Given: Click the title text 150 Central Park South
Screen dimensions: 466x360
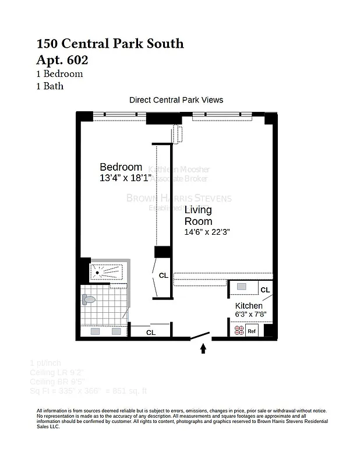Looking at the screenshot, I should point(110,43).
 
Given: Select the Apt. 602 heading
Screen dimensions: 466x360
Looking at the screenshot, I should point(66,59).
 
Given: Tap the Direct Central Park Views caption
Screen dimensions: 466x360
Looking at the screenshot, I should point(176,100).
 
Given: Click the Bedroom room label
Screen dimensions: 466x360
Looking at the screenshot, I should point(121,167).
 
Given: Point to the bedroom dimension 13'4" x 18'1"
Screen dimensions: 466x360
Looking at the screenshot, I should point(125,178).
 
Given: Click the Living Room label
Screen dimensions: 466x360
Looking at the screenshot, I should point(198,216).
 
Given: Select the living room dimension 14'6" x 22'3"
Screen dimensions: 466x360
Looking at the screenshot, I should point(207,232).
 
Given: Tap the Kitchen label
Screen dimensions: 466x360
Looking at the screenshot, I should point(249,306).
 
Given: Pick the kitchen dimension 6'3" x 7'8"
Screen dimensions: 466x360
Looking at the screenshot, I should point(250,315).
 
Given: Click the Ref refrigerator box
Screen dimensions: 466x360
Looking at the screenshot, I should point(252,331).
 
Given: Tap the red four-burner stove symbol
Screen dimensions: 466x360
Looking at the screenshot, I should point(238,331).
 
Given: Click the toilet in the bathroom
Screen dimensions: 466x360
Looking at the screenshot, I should point(89,299).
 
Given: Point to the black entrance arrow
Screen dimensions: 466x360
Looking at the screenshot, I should point(203,348).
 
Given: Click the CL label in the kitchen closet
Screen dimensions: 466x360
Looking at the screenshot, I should point(265,290).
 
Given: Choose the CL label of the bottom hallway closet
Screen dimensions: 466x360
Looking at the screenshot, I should point(150,333).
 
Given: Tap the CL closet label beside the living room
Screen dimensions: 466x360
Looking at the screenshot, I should point(164,276).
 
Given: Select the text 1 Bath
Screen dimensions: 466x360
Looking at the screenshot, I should point(50,86).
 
